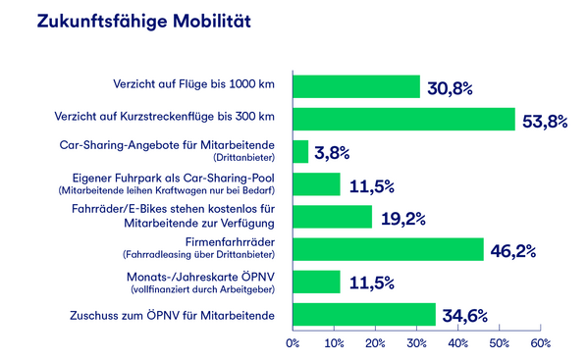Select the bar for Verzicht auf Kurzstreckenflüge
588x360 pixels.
[x=403, y=119]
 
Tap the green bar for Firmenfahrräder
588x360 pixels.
[x=388, y=249]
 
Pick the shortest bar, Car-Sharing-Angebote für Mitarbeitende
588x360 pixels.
[x=300, y=151]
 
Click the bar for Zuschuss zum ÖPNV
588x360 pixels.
[x=364, y=314]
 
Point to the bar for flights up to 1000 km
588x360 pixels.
[x=356, y=86]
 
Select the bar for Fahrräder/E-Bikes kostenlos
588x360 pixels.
[x=332, y=217]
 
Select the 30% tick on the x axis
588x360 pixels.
[x=416, y=343]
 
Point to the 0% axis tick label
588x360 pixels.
[x=293, y=343]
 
